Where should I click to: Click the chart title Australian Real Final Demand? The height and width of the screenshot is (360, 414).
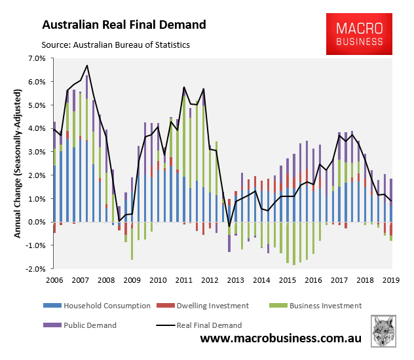pos(124,26)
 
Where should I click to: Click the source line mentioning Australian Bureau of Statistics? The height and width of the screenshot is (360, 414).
pos(115,45)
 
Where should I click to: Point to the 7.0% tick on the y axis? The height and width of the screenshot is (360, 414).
pos(35,58)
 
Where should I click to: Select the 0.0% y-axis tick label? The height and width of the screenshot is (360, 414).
pos(35,222)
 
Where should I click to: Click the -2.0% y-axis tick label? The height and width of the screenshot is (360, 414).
pos(34,268)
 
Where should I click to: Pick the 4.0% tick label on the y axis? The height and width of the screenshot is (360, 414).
pos(35,128)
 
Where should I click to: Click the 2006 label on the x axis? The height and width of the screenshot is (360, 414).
pos(54,281)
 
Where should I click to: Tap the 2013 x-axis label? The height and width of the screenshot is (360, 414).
pos(234,281)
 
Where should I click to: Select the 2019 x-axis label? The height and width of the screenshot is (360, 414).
pos(391,281)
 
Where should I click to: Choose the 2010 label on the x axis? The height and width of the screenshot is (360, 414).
pos(157,281)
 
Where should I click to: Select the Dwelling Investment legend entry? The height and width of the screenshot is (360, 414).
pos(214,306)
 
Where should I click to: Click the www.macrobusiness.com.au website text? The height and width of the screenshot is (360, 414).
pos(282,339)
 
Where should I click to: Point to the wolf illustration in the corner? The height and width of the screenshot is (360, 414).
pos(386,331)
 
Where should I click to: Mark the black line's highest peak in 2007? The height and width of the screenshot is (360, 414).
pos(87,65)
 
